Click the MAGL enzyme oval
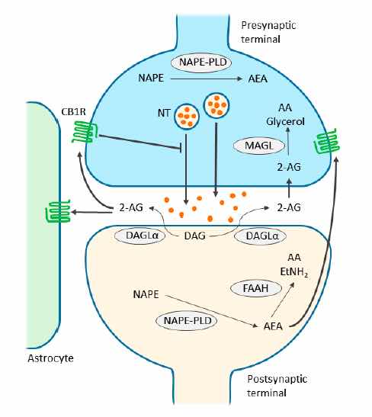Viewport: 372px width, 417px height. (x=258, y=146)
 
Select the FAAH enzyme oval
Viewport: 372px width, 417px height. (x=255, y=288)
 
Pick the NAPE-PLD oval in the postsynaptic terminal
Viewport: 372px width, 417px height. (x=188, y=320)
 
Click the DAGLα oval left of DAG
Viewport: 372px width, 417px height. (x=140, y=236)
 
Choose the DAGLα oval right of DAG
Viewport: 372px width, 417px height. (x=260, y=236)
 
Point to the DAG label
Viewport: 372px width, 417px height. (x=194, y=236)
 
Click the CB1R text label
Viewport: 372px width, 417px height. (x=74, y=112)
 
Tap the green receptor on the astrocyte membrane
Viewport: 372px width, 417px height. (x=58, y=211)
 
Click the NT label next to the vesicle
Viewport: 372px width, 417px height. (x=164, y=113)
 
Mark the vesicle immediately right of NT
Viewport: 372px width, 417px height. (x=187, y=115)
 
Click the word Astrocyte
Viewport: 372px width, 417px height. (x=51, y=358)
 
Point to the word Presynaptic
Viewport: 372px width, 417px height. (x=268, y=25)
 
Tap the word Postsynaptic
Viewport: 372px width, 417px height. (x=277, y=379)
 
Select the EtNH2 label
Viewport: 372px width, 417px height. (x=294, y=272)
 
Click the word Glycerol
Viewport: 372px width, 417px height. (x=285, y=122)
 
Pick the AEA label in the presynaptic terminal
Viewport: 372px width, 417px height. (x=258, y=79)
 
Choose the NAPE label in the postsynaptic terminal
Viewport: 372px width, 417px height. (x=146, y=294)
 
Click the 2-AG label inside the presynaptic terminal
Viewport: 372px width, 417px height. (x=289, y=167)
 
